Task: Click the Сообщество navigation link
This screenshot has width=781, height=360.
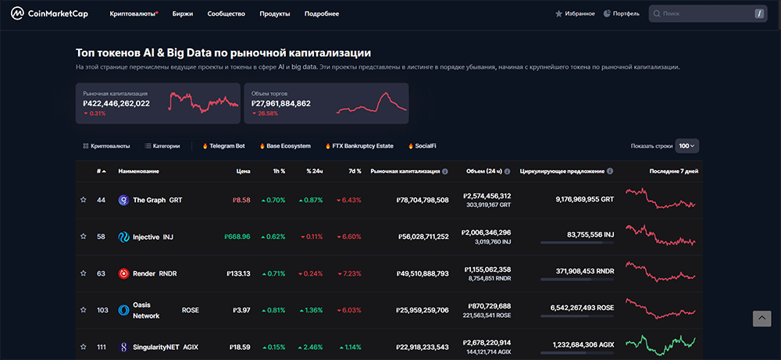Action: click(226, 14)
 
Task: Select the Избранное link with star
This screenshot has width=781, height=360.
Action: click(575, 14)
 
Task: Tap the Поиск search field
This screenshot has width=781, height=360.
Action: click(703, 14)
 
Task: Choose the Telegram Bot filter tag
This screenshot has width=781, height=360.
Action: click(223, 146)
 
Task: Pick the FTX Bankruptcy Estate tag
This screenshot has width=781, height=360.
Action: click(360, 146)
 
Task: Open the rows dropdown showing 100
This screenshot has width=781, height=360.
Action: click(686, 146)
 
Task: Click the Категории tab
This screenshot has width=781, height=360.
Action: click(162, 146)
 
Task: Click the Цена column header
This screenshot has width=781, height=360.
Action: click(243, 171)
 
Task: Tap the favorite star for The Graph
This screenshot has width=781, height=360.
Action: click(84, 200)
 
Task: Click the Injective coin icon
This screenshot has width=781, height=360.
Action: click(123, 237)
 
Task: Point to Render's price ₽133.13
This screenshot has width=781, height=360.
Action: click(237, 273)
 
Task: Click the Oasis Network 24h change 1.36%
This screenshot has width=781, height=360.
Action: click(311, 310)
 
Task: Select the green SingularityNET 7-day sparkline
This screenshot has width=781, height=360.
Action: click(660, 344)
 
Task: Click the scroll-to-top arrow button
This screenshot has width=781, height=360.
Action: click(761, 318)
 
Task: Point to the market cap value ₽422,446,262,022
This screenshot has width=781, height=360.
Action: click(116, 103)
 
